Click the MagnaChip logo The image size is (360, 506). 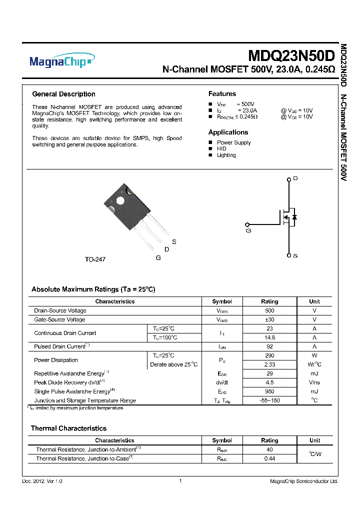(61, 62)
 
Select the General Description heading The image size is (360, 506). (63, 94)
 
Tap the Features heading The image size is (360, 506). (222, 94)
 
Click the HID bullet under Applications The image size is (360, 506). (221, 149)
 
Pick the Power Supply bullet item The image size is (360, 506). (233, 142)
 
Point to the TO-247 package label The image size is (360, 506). (95, 259)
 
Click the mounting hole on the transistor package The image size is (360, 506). (120, 201)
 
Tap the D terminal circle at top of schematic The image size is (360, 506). (288, 178)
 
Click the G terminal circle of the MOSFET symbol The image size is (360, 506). (246, 224)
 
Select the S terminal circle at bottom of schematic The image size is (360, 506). (288, 255)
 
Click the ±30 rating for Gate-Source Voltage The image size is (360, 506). (269, 319)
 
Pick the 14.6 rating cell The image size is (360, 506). (269, 337)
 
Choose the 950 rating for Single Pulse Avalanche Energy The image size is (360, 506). (269, 391)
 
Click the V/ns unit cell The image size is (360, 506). (314, 382)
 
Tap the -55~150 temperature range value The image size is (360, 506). (269, 400)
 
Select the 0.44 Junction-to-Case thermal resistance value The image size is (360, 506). (269, 458)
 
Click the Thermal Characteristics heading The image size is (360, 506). (68, 428)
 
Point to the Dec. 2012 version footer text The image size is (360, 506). (42, 481)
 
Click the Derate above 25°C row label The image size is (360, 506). (173, 364)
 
